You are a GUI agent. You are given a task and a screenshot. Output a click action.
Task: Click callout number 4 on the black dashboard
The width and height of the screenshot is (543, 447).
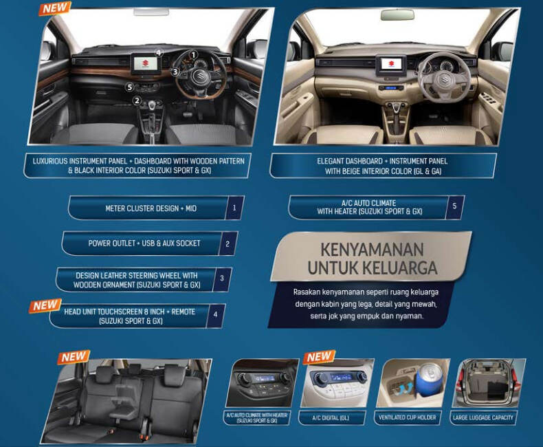tap(159, 53)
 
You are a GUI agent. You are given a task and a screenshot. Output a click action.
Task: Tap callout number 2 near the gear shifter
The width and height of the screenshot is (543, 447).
tap(137, 100)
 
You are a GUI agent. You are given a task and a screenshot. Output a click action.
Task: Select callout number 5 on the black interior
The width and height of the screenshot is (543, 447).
tap(129, 87)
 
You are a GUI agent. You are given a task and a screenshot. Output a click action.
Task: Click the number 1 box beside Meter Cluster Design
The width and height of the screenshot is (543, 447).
tap(234, 208)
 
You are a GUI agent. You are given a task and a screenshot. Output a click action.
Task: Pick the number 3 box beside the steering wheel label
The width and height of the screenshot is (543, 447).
tap(222, 279)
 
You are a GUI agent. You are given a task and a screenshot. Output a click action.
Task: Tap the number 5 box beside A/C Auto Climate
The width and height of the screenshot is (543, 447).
tap(455, 206)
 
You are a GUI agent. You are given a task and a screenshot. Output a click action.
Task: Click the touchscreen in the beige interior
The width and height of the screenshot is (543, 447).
tap(391, 65)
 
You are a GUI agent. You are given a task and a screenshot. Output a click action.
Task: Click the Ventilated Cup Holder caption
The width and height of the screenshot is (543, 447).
tap(407, 417)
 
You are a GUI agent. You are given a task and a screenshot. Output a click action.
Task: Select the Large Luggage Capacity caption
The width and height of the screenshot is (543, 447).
tap(483, 417)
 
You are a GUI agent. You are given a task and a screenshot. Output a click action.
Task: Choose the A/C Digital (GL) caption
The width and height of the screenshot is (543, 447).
tap(331, 418)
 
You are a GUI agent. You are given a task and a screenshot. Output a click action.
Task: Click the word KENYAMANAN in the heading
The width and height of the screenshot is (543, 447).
tap(373, 250)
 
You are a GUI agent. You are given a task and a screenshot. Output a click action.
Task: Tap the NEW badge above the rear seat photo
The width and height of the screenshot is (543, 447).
tap(74, 357)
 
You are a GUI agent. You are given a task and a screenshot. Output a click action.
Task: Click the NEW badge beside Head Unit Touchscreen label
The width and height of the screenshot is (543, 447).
tap(45, 305)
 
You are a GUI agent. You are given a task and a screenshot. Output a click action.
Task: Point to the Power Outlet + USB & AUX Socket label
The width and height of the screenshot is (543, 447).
tap(144, 243)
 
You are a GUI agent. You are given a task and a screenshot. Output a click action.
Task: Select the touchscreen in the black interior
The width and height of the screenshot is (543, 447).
tap(147, 64)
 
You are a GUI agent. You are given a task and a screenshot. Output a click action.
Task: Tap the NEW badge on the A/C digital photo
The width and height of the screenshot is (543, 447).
tap(320, 356)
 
